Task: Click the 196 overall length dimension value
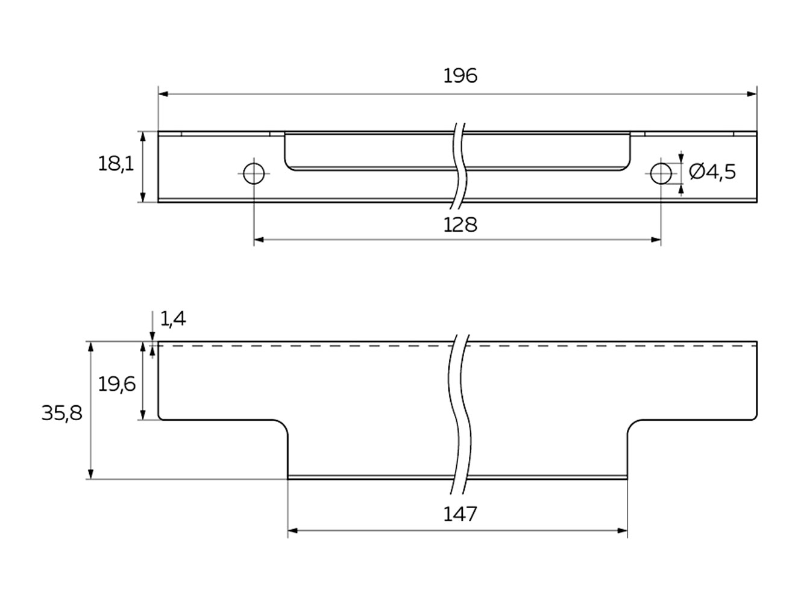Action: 460,76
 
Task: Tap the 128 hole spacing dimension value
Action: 460,225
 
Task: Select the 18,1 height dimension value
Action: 116,163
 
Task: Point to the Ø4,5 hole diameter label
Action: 712,172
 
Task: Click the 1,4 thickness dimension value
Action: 173,318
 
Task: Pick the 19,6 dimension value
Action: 117,383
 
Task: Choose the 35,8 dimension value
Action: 61,414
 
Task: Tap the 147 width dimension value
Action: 460,514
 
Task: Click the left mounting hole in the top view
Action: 254,174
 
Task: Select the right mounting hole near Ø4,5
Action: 661,174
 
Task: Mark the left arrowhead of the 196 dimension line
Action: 163,94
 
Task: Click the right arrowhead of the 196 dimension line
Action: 752,94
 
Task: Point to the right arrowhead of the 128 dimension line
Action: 656,240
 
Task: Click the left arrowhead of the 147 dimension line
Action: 293,530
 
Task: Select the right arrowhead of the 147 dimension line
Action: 623,530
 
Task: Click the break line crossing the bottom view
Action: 460,409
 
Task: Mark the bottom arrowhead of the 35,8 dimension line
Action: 90,474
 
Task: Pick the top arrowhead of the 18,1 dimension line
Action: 143,136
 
